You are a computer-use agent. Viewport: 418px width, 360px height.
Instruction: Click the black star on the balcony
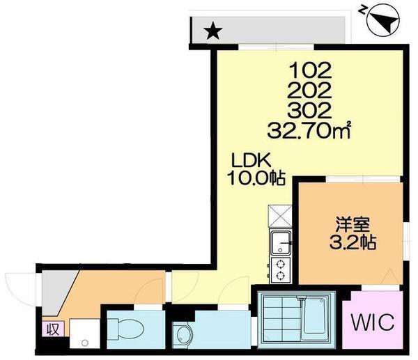pyautogui.click(x=212, y=31)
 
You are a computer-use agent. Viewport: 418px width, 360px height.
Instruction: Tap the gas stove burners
pyautogui.click(x=280, y=270)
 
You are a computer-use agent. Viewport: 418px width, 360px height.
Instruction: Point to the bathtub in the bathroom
pyautogui.click(x=318, y=318)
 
